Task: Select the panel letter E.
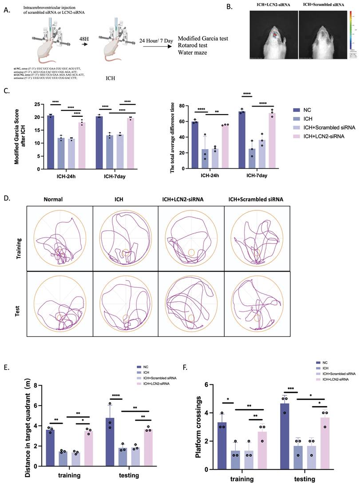6,367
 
